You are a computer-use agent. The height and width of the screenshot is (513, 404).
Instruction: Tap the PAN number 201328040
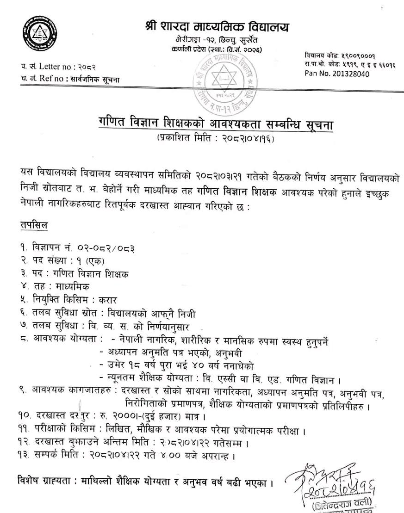(x=355, y=74)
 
